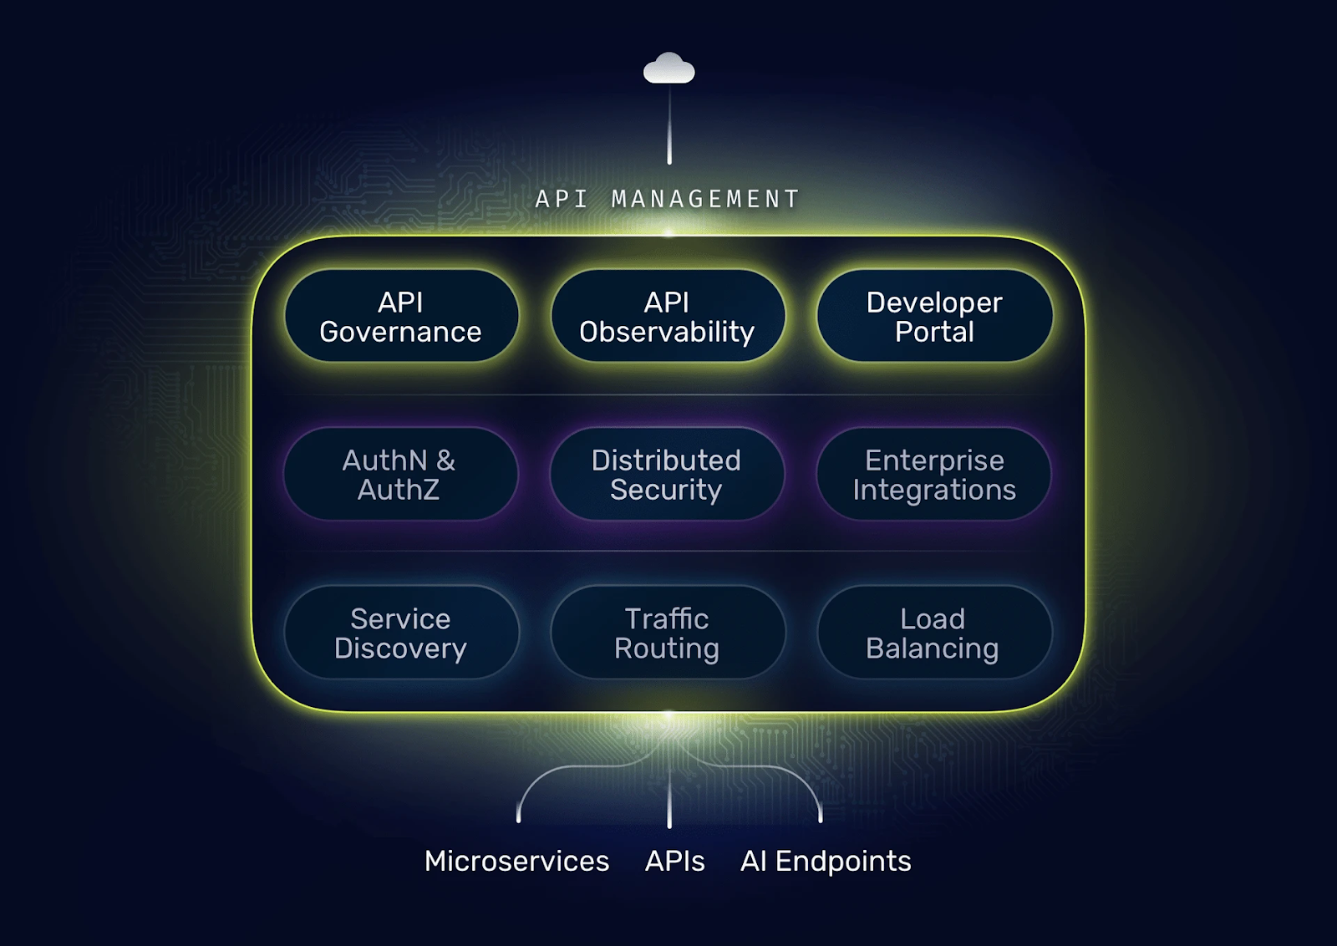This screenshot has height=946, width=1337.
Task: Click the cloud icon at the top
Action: [668, 69]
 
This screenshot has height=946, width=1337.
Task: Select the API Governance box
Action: [401, 316]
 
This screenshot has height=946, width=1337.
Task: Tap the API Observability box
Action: [668, 316]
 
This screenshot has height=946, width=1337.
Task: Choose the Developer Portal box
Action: [934, 316]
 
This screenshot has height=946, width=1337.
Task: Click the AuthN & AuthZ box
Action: [400, 474]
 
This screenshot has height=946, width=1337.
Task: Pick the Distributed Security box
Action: [667, 474]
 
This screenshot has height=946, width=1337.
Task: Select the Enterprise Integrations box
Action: [933, 474]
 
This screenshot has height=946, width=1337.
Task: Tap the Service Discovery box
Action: [401, 633]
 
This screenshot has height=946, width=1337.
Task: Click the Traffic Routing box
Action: [668, 633]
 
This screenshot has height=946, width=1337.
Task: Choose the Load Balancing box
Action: [933, 633]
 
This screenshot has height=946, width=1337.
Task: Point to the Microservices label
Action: [516, 861]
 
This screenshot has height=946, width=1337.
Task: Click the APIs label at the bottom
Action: [674, 861]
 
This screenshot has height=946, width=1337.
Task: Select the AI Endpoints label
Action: [826, 861]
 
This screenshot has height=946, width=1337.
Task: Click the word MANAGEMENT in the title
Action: [705, 199]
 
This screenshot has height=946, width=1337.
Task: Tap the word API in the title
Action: [562, 199]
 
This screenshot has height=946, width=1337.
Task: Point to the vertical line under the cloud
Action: [669, 125]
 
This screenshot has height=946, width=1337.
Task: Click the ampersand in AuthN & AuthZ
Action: [445, 460]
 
